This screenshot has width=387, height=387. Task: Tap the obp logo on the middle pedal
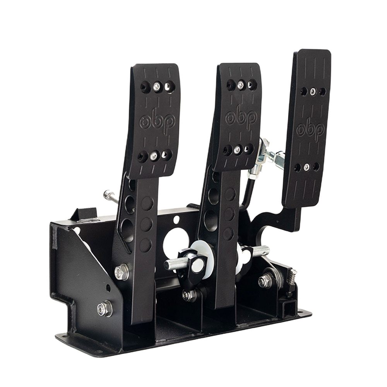[241, 117]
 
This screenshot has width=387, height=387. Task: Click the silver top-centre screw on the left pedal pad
[156, 86]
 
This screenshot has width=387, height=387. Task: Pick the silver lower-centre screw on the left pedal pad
[154, 155]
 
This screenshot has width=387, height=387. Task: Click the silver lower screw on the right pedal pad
[307, 166]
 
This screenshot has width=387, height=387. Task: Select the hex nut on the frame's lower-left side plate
[105, 308]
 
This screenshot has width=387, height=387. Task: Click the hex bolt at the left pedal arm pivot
[122, 272]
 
